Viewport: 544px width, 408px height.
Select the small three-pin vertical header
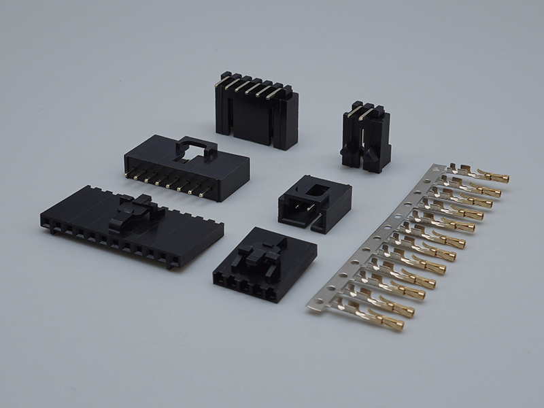tap(365, 139)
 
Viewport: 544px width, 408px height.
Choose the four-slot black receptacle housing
tap(262, 265)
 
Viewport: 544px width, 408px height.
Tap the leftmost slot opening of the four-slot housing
tap(220, 278)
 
